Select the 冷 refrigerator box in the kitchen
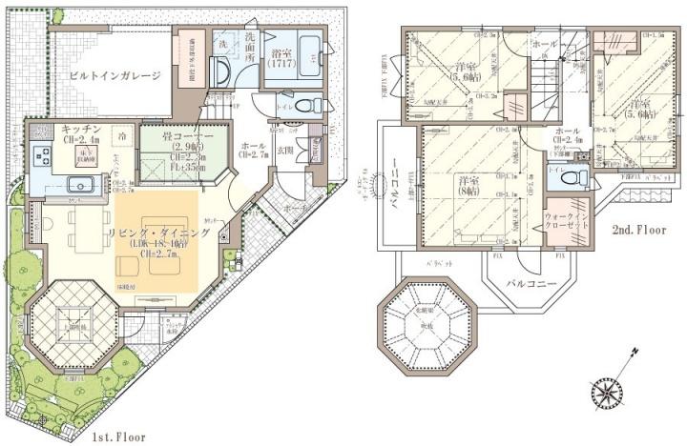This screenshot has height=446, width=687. [x=122, y=137]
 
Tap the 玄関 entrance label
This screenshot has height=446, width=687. [x=284, y=150]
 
